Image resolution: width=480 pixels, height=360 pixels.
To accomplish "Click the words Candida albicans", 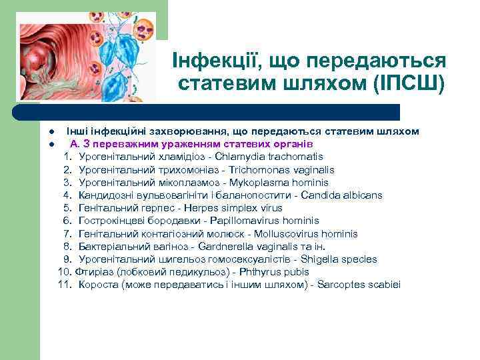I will point(342,195).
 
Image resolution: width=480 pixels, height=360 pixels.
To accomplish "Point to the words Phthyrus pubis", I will point(270,272).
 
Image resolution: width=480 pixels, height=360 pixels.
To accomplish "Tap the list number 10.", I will point(65,272).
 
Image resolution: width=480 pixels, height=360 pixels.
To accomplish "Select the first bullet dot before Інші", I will point(41,132).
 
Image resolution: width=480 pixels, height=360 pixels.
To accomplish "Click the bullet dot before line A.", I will point(41,145).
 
